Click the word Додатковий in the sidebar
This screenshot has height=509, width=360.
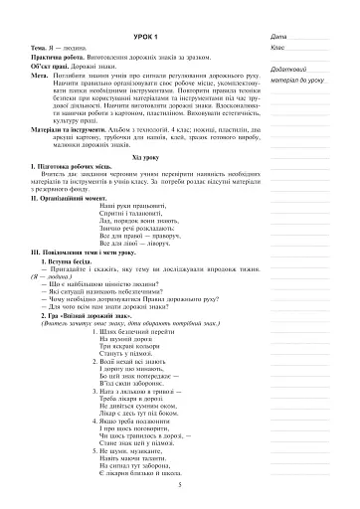pos(289,68)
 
